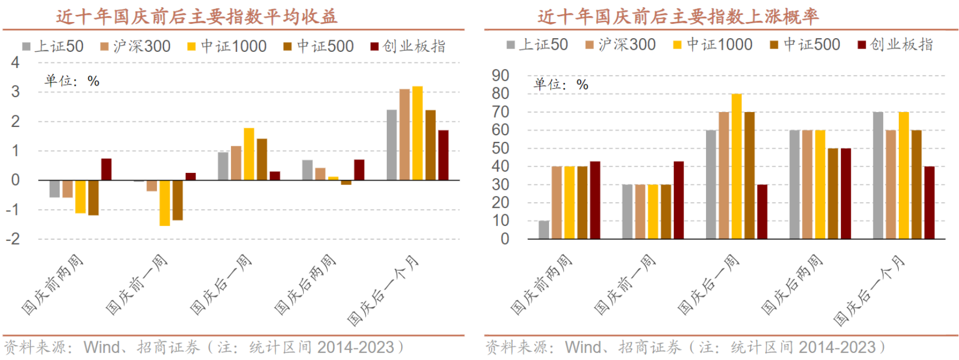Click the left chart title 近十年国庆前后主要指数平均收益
pyautogui.click(x=196, y=17)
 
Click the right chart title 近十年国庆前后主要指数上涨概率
pyautogui.click(x=678, y=17)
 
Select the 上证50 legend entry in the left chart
pyautogui.click(x=53, y=46)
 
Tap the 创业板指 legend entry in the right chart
pyautogui.click(x=895, y=45)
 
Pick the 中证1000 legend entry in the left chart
pyautogui.click(x=227, y=46)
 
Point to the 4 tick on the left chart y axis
pyautogui.click(x=15, y=62)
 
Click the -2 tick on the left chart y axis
pyautogui.click(x=13, y=239)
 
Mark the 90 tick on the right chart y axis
pyautogui.click(x=500, y=76)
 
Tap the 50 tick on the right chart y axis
pyautogui.click(x=500, y=148)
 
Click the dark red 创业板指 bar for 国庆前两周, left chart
pyautogui.click(x=106, y=170)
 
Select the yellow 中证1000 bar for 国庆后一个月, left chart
pyautogui.click(x=418, y=133)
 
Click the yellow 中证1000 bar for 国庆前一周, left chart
pyautogui.click(x=165, y=203)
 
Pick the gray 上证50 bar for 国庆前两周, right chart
pyautogui.click(x=544, y=230)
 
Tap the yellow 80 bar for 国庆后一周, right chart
pyautogui.click(x=736, y=166)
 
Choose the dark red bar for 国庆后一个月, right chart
pyautogui.click(x=929, y=203)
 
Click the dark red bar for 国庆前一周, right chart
pyautogui.click(x=678, y=200)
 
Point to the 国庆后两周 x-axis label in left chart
pyautogui.click(x=305, y=285)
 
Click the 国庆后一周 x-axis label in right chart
pyautogui.click(x=709, y=285)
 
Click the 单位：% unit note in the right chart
pyautogui.click(x=561, y=84)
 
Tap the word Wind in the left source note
pyautogui.click(x=101, y=347)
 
